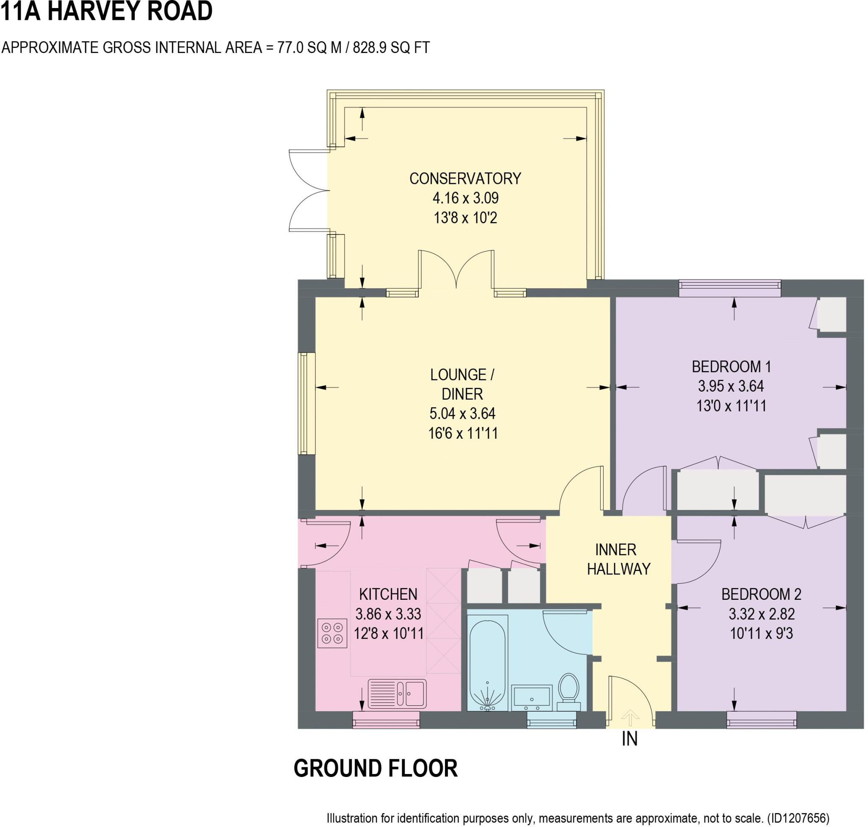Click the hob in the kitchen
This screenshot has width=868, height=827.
(332, 634)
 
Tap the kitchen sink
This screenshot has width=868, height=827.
(397, 694)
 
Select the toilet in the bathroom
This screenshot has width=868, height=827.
(568, 690)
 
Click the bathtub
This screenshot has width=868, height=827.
(487, 663)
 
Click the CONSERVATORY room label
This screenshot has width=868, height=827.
(465, 178)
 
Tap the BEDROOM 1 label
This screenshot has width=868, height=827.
(731, 366)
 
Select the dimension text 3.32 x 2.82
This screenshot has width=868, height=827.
(761, 614)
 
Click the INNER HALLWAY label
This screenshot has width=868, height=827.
(618, 560)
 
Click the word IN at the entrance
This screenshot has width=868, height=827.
(629, 739)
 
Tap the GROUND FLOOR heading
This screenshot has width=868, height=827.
(376, 769)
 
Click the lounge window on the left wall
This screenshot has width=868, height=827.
(306, 404)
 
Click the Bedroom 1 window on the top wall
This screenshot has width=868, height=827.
(729, 288)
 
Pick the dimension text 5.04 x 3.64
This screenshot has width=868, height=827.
(462, 413)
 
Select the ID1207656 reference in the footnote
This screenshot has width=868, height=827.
(798, 818)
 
